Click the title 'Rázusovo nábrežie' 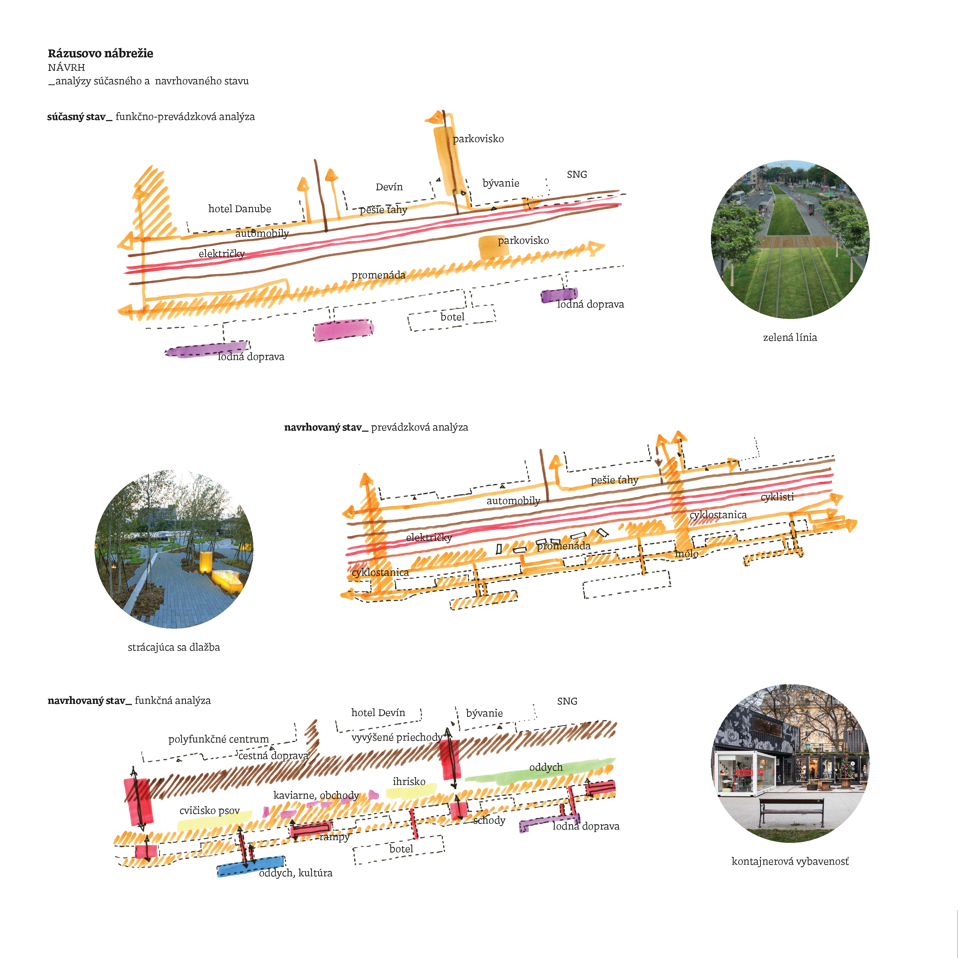tap(100, 54)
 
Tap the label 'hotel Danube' tap(239, 209)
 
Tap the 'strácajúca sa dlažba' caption tap(174, 647)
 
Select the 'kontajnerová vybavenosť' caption tap(790, 861)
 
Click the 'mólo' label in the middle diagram tap(687, 553)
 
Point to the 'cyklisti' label tap(777, 497)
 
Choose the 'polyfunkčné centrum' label tap(218, 739)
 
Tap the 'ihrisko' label tap(409, 781)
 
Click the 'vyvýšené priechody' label tap(397, 737)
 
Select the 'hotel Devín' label tap(378, 713)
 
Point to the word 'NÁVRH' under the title tap(66, 67)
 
